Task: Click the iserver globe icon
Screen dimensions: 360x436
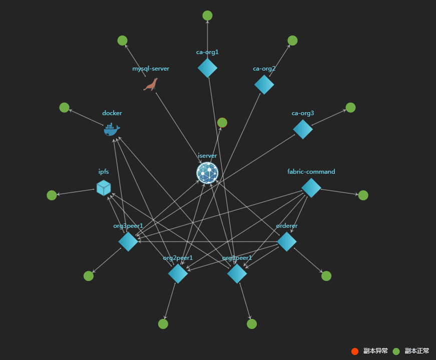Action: pyautogui.click(x=207, y=173)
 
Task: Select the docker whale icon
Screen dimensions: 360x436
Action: pyautogui.click(x=112, y=129)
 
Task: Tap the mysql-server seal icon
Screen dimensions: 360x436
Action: pyautogui.click(x=151, y=85)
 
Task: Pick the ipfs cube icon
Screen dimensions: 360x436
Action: pyautogui.click(x=104, y=188)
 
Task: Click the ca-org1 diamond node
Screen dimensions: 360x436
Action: pyautogui.click(x=207, y=68)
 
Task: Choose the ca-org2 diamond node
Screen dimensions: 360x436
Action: pyautogui.click(x=264, y=85)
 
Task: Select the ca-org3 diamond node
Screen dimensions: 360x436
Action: pyautogui.click(x=303, y=129)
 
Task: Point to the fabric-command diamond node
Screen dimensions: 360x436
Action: pyautogui.click(x=311, y=188)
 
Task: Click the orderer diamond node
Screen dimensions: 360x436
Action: pyautogui.click(x=287, y=242)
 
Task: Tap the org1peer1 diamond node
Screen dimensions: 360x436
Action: pyautogui.click(x=237, y=274)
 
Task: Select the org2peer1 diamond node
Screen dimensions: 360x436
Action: pyautogui.click(x=178, y=274)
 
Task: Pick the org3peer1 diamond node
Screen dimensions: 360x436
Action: pyautogui.click(x=128, y=242)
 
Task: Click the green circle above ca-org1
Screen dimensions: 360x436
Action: pyautogui.click(x=207, y=16)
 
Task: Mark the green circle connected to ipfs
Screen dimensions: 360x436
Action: pyautogui.click(x=52, y=195)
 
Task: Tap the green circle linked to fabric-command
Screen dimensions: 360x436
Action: pyautogui.click(x=363, y=195)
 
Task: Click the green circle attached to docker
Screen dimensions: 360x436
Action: pyautogui.click(x=64, y=108)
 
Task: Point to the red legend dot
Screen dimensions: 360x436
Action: pyautogui.click(x=355, y=351)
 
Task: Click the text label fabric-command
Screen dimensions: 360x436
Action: pyautogui.click(x=311, y=172)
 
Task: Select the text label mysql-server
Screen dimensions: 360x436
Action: pyautogui.click(x=151, y=69)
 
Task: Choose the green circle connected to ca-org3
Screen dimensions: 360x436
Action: pyautogui.click(x=350, y=108)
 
